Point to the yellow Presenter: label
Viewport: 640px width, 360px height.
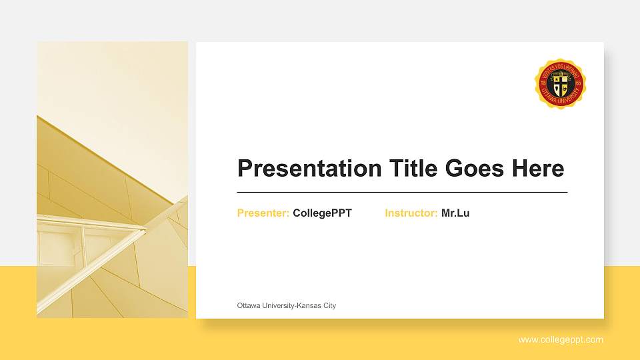pos(263,213)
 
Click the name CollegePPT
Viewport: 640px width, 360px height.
pos(322,213)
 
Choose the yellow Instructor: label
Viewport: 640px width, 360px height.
pos(411,213)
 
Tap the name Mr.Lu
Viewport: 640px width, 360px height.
pos(455,213)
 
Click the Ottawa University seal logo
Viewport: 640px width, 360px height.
pos(560,83)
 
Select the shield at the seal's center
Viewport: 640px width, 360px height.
pos(560,83)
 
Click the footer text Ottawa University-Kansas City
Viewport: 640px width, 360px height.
pos(287,305)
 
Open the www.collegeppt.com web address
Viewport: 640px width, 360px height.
pos(561,340)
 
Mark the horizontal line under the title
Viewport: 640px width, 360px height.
pos(402,192)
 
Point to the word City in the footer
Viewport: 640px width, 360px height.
pos(329,305)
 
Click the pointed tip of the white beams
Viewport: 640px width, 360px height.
pos(145,230)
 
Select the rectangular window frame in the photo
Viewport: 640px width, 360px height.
pos(60,247)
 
